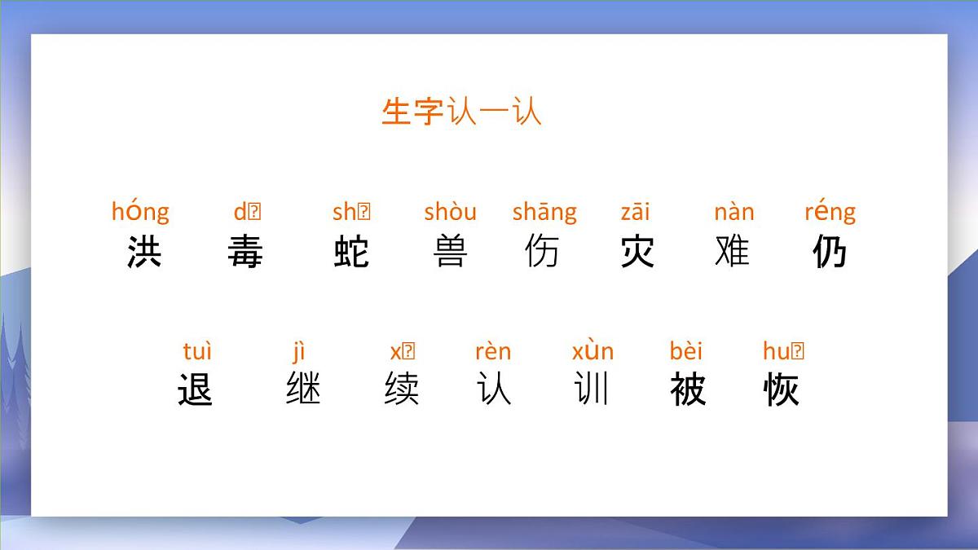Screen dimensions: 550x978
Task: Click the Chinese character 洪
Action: [144, 251]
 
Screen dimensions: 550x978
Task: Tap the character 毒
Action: [245, 251]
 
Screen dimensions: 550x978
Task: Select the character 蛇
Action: [351, 251]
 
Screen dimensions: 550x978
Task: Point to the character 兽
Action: [450, 251]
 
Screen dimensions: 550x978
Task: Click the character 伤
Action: [542, 251]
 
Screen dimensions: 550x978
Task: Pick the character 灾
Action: [637, 251]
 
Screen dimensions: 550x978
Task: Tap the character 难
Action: [732, 251]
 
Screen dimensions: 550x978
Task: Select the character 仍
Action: [830, 251]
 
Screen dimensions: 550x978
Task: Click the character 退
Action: [195, 389]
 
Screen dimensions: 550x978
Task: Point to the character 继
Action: [303, 389]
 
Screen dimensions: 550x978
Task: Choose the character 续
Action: [402, 389]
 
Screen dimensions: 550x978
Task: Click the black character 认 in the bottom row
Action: [494, 389]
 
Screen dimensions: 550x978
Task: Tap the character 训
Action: [592, 389]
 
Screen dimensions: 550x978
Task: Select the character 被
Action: [687, 389]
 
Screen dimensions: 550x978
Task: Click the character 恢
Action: [782, 389]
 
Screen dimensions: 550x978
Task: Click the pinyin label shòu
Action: [450, 212]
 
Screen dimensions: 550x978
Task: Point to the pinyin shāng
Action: [544, 213]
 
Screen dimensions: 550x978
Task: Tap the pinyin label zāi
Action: [635, 212]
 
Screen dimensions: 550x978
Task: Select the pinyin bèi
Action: [685, 351]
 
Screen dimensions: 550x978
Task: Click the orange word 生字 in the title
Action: [412, 112]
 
